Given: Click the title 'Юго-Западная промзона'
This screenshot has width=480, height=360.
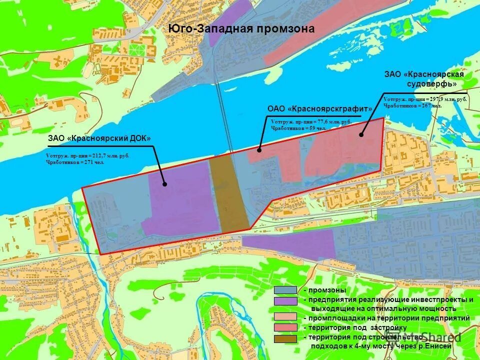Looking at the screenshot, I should (241, 29).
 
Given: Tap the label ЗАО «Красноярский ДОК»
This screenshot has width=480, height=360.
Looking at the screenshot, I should (99, 138).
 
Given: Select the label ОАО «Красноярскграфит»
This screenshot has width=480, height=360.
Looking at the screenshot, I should (320, 108).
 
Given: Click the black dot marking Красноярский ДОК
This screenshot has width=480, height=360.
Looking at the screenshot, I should (164, 184).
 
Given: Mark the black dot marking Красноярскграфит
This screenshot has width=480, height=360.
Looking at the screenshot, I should (259, 149).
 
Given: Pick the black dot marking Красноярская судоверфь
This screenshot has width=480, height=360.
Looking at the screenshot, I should (361, 134).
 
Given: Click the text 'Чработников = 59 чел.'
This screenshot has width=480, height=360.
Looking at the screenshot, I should (298, 128).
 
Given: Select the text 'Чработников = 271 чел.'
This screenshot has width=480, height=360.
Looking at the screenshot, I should (75, 162).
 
